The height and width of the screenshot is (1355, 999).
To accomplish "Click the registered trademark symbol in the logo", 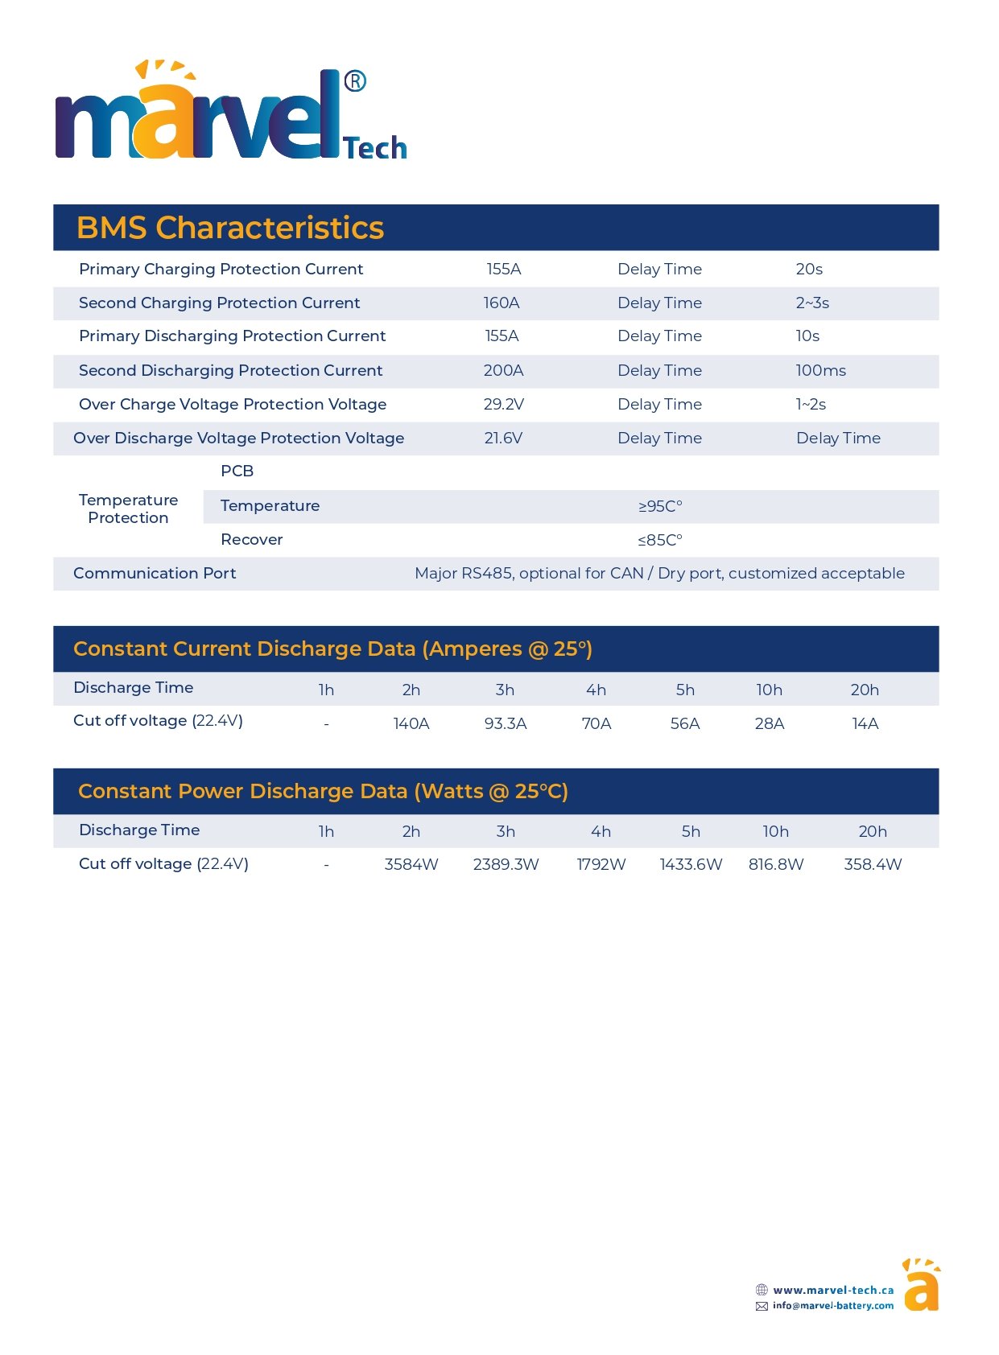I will click(x=355, y=81).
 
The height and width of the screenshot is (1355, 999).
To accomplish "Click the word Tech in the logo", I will click(x=375, y=148).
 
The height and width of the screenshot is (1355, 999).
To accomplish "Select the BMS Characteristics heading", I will click(x=230, y=228).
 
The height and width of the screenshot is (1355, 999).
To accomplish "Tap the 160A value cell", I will click(x=502, y=303).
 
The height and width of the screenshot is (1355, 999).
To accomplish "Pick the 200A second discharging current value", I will click(x=504, y=370).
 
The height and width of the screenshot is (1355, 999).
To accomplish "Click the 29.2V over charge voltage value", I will click(x=504, y=404).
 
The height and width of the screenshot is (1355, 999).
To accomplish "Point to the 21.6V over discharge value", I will click(x=503, y=438).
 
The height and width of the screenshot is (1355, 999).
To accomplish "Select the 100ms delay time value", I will click(x=820, y=370).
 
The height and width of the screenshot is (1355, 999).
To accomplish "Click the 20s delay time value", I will click(x=809, y=269).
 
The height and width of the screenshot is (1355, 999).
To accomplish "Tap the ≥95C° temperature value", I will click(x=660, y=506).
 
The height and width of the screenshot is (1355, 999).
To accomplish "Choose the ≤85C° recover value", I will click(x=660, y=540).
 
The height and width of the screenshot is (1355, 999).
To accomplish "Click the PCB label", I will click(x=237, y=471).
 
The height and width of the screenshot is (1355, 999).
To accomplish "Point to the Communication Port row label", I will click(x=155, y=573).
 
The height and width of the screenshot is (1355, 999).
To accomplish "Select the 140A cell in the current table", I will click(x=411, y=723).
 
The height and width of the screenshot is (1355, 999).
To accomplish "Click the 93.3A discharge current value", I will click(x=506, y=723).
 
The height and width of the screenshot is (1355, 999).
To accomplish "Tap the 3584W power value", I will click(x=411, y=864).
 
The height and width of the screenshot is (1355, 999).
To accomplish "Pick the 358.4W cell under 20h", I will click(x=873, y=864).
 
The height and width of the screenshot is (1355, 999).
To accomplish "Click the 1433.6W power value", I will click(x=691, y=864).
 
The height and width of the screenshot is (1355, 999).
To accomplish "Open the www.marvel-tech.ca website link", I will click(x=833, y=1290).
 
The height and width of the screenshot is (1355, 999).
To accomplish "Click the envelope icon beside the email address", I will click(x=762, y=1306).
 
